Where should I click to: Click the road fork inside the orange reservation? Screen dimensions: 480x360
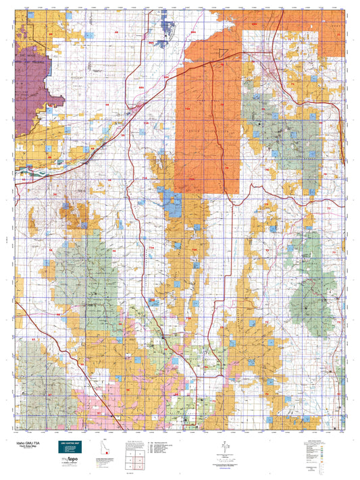coord(213,62)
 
